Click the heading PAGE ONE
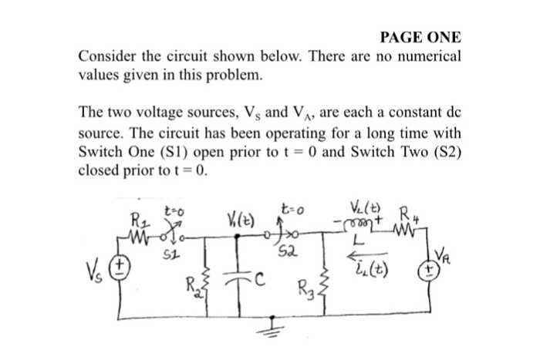tap(420, 37)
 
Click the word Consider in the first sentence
tap(107, 56)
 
